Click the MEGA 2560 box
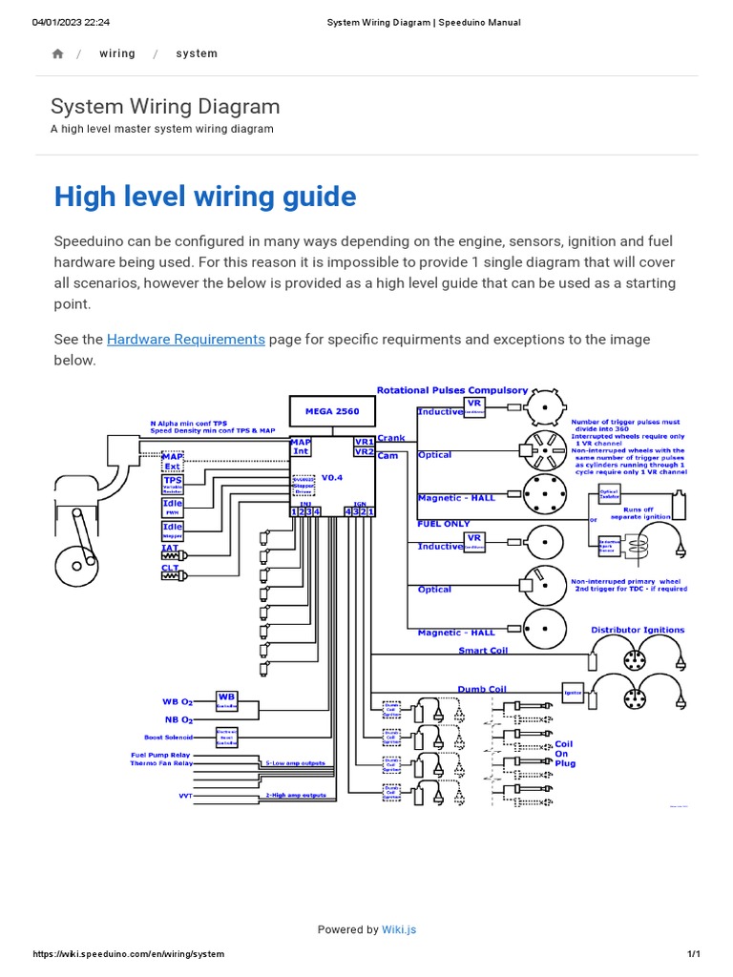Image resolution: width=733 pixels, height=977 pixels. point(332,410)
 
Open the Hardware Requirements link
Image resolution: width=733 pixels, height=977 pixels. point(185,340)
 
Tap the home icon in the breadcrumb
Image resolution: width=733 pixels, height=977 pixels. point(57,54)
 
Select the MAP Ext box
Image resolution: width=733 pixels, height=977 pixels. point(172,462)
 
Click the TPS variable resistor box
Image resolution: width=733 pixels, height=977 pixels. point(173,485)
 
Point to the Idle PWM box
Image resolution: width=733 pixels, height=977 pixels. point(173,508)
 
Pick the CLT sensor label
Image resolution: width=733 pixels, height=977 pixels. point(169,569)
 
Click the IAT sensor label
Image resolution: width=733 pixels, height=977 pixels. point(169,548)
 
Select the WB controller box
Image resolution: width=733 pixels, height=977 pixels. point(226,701)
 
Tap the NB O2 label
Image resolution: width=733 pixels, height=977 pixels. point(178,719)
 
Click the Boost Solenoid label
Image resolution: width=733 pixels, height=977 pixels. point(167,738)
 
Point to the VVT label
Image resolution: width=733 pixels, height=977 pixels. point(185,795)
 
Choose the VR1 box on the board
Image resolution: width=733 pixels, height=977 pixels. point(363,442)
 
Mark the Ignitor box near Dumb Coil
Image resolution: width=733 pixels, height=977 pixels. point(572,694)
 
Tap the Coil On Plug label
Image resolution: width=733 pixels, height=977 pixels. point(564,754)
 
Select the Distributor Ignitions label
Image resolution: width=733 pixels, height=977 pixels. point(638,630)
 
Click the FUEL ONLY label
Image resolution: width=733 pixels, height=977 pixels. point(444,524)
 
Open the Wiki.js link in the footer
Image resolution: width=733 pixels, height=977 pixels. point(399,929)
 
